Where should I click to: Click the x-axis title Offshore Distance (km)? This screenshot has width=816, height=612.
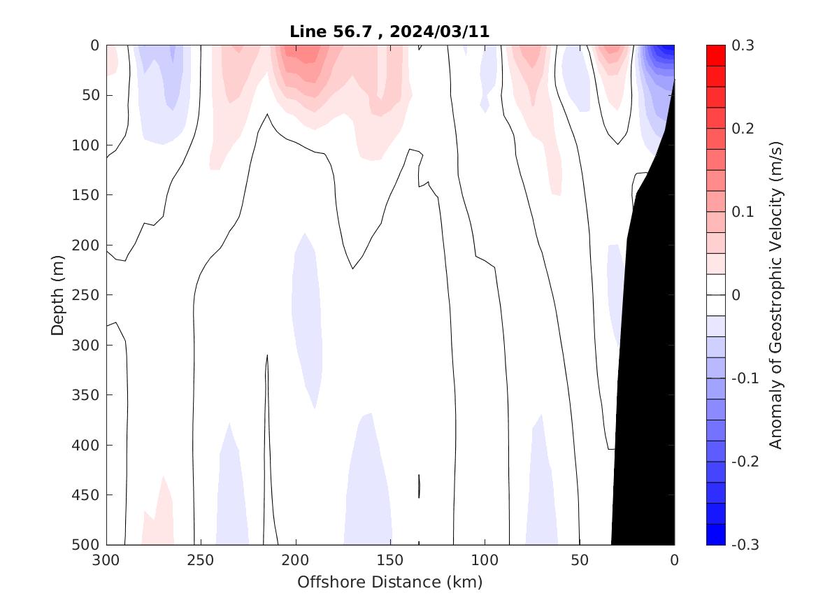pyautogui.click(x=389, y=582)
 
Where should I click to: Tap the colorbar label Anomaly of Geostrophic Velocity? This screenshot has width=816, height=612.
pyautogui.click(x=775, y=294)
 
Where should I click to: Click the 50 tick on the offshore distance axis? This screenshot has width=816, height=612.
pyautogui.click(x=580, y=560)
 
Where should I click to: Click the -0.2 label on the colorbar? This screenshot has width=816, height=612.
pyautogui.click(x=743, y=462)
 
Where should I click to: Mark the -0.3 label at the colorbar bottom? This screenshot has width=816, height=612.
pyautogui.click(x=743, y=545)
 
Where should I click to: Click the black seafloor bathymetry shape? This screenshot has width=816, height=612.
pyautogui.click(x=647, y=350)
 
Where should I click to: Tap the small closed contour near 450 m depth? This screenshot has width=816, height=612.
pyautogui.click(x=419, y=486)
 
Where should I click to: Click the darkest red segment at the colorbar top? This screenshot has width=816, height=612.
pyautogui.click(x=716, y=55)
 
